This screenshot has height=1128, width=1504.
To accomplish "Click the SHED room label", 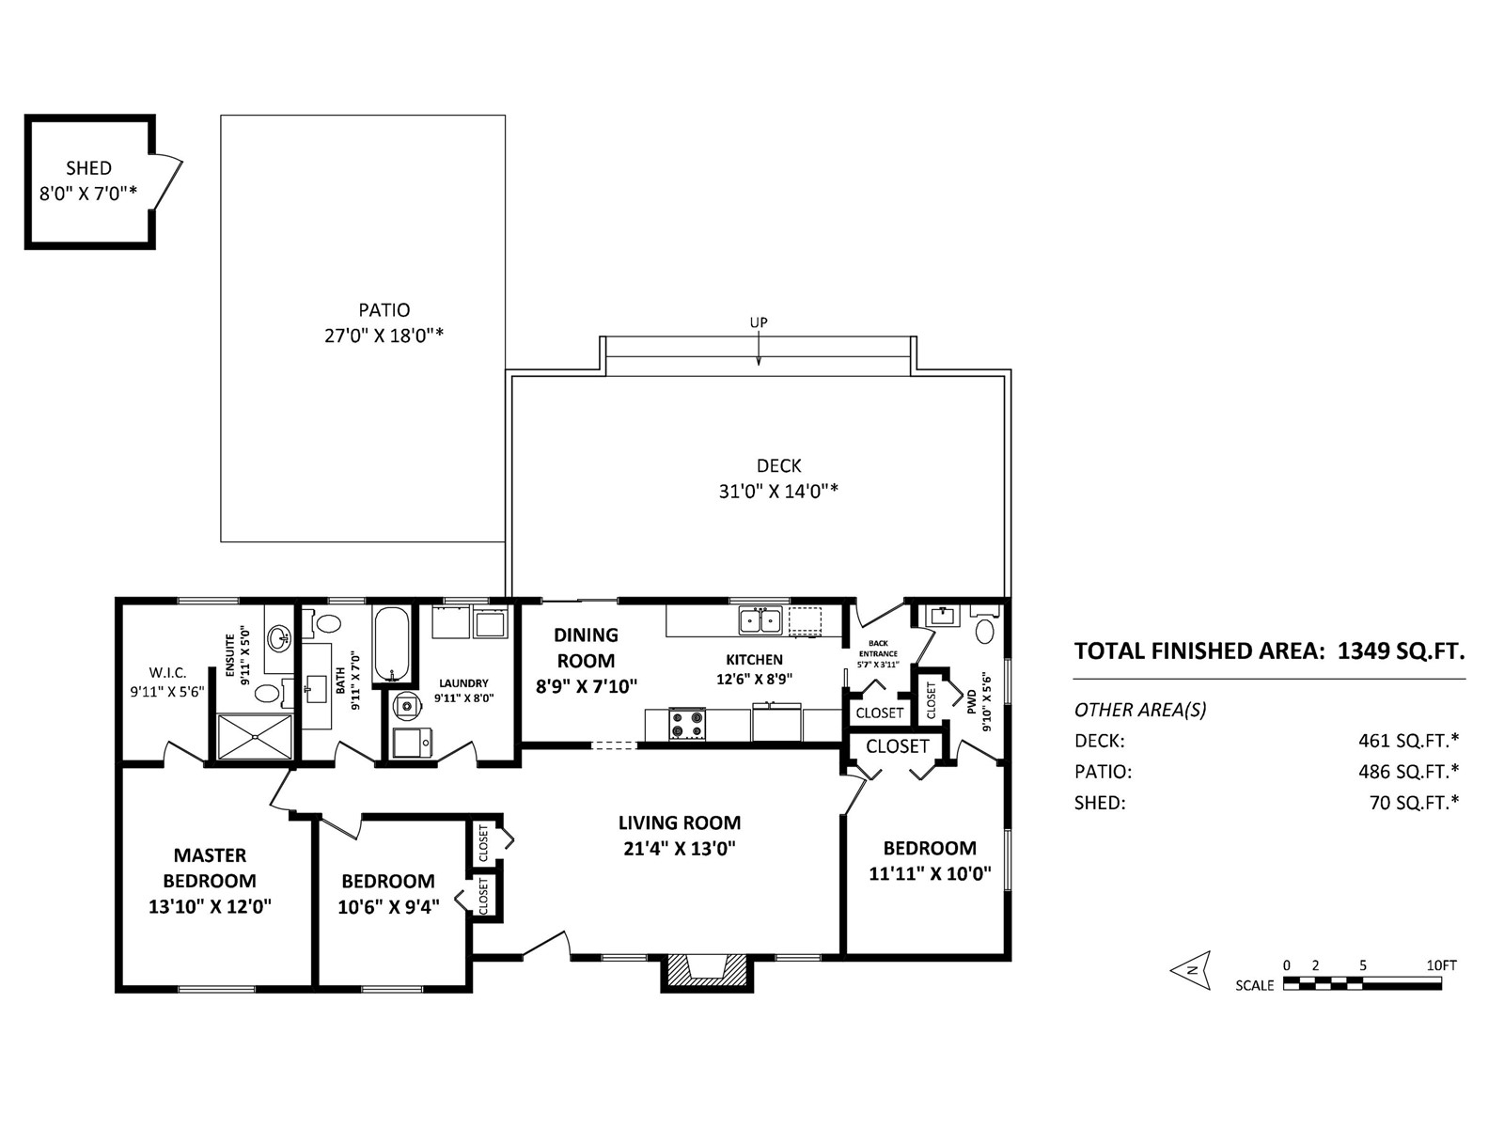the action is pos(89,168).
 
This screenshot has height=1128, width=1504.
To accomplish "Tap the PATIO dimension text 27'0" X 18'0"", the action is pos(384,336).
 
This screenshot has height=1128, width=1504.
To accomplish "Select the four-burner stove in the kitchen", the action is pos(687,724).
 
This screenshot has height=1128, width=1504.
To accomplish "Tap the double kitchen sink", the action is pos(760,620).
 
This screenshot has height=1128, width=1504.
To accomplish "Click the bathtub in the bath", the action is pos(391,645).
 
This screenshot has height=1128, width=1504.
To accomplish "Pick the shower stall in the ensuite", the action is pos(254,736).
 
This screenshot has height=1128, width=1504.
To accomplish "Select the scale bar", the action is pos(1362,984).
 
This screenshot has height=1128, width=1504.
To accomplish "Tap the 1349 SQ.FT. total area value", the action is pos(1402,650).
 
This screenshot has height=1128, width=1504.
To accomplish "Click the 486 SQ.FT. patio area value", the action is pos(1409,772).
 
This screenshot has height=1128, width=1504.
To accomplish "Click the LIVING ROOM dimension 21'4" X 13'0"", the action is pos(679,849).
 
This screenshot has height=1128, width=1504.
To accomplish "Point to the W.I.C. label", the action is pos(168,673).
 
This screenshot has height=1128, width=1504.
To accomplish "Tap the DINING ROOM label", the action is pos(586,648).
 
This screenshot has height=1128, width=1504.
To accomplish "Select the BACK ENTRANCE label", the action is pos(878,649).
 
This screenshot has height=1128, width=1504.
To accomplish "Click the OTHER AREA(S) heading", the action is pos(1140,711).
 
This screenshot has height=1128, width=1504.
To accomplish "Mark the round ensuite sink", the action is pos(279,637).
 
